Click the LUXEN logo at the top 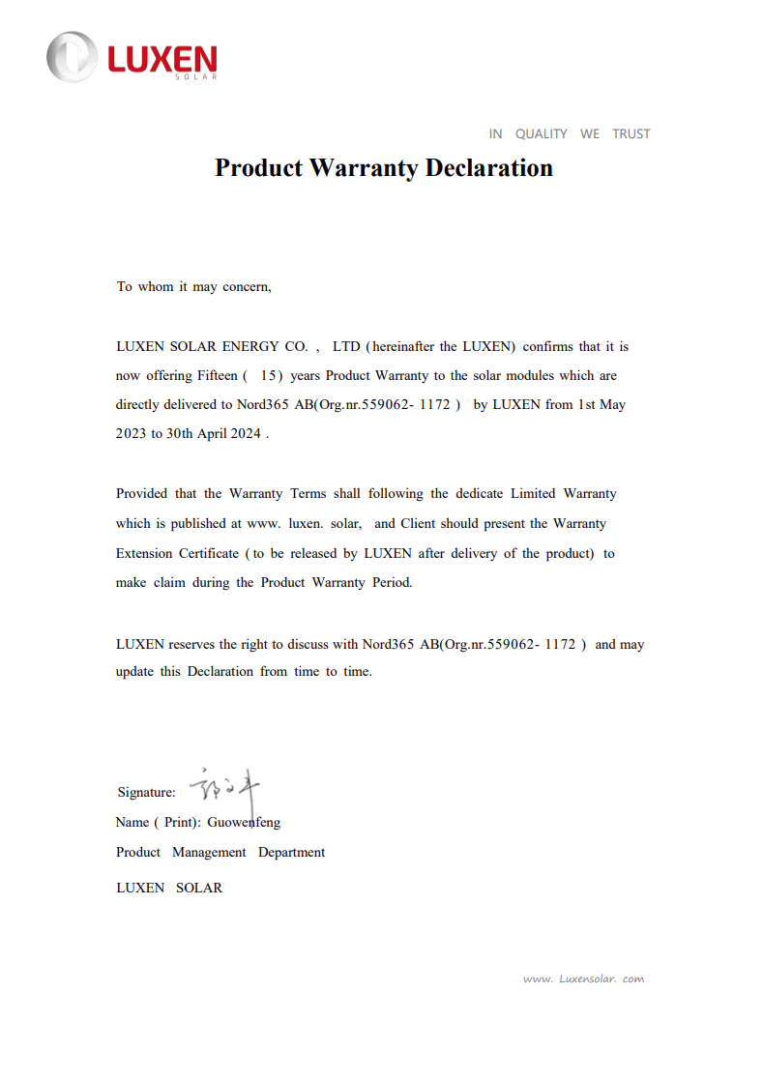pos(132,57)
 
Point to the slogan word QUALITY pos(541,133)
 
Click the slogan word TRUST pos(631,133)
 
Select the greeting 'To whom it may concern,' pos(194,287)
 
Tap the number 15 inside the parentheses pos(270,375)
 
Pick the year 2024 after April pos(245,434)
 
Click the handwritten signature pos(223,789)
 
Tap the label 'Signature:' pos(146,793)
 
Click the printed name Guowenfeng pos(244,823)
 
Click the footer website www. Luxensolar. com pos(583,978)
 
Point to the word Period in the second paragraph pos(392,583)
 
